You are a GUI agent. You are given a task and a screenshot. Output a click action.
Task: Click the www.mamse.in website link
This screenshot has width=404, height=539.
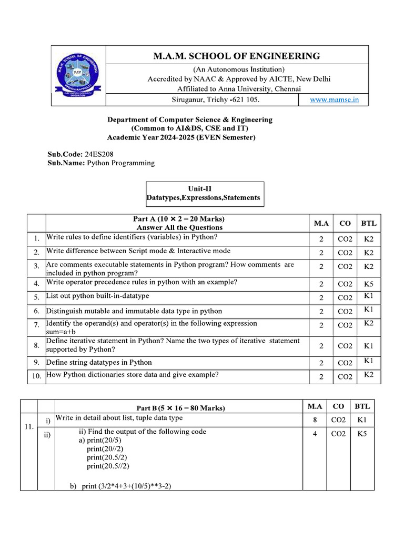point(334,99)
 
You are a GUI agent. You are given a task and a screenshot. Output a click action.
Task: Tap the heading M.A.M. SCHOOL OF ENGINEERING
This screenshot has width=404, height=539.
point(236,56)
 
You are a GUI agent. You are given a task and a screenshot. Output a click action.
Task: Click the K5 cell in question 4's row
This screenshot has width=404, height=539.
point(369,284)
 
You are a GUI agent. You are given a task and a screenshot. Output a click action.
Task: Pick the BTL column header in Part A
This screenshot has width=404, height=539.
point(369,223)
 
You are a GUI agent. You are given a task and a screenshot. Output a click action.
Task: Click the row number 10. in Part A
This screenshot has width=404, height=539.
point(36,376)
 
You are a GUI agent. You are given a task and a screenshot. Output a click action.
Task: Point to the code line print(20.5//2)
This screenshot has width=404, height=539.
point(108,466)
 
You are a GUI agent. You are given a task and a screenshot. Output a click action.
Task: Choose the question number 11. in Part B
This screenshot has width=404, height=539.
point(29,427)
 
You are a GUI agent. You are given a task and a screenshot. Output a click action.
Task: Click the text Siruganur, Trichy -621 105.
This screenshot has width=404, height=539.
point(216,99)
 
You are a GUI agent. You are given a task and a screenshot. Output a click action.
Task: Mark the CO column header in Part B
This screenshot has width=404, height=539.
point(339,406)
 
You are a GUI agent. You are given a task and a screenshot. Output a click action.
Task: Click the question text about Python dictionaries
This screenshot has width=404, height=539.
point(133,375)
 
